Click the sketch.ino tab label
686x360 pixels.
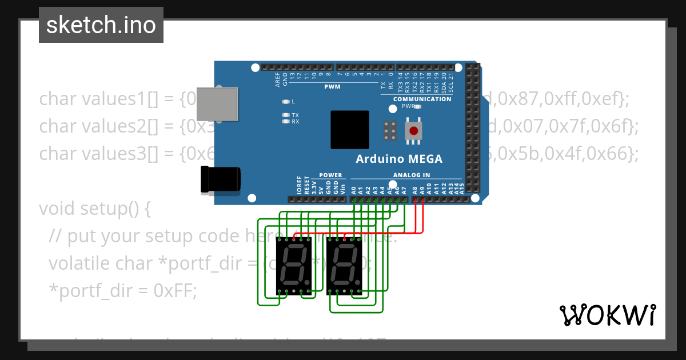(x=101, y=25)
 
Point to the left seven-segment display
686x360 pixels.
(x=293, y=266)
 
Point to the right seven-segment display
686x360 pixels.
(x=344, y=266)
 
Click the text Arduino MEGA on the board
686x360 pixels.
(x=399, y=159)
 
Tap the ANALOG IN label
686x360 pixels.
(x=412, y=175)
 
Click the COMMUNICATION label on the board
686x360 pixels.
(x=422, y=99)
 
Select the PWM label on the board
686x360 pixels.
(x=332, y=87)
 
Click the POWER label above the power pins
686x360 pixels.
(x=330, y=175)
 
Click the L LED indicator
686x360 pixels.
(x=286, y=102)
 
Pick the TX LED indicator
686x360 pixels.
(x=286, y=115)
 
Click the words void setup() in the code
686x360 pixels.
(x=95, y=209)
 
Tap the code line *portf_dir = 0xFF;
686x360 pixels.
(x=122, y=291)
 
